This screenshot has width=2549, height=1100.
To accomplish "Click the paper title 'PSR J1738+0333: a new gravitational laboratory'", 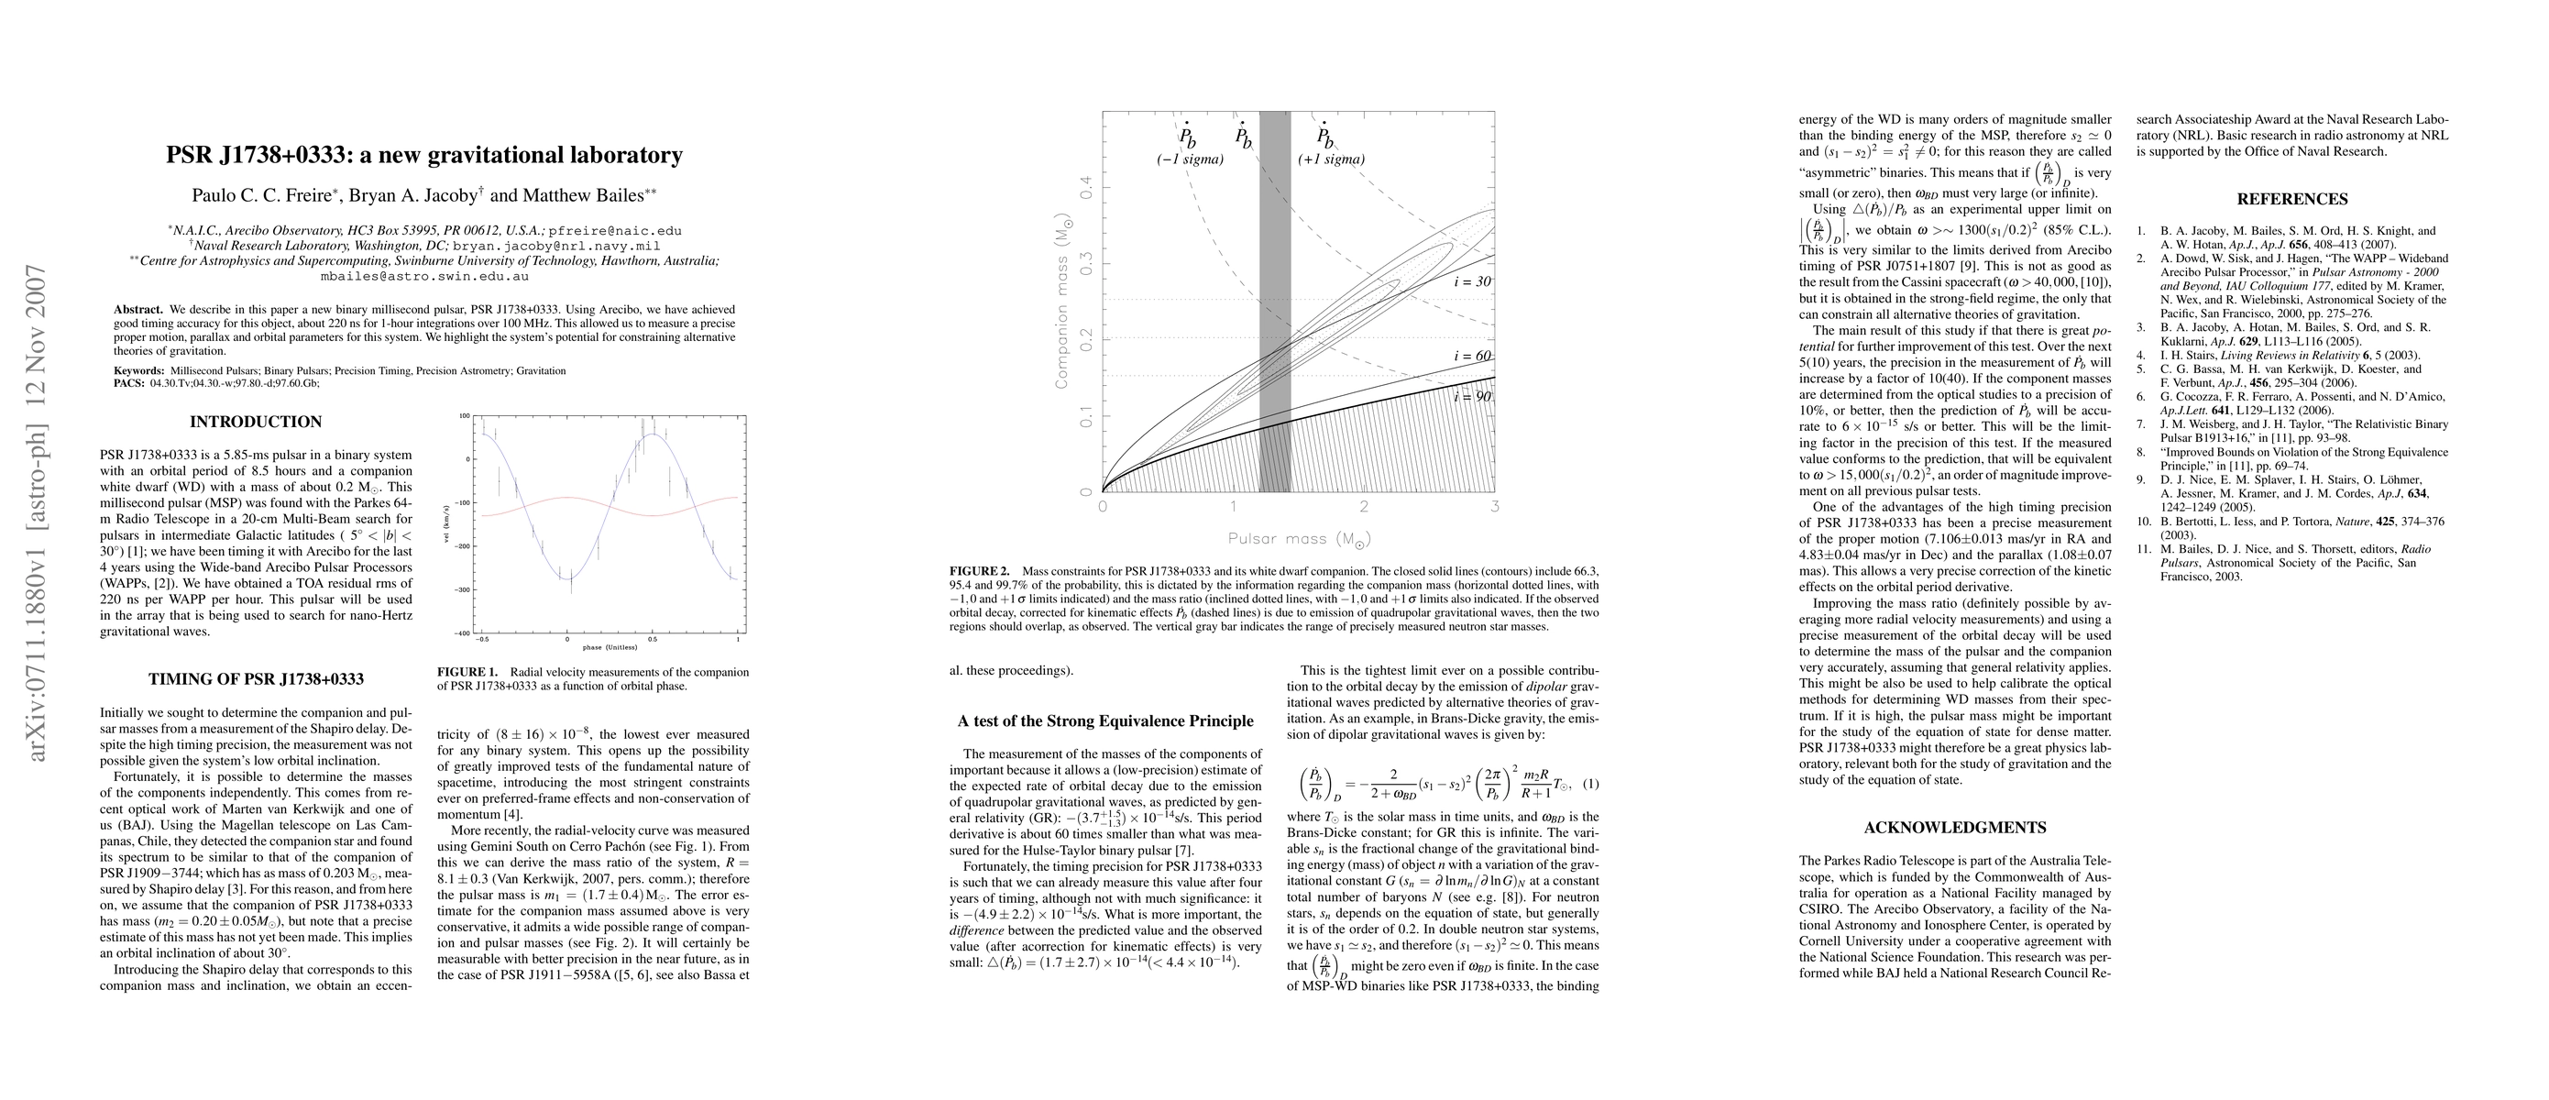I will tap(423, 155).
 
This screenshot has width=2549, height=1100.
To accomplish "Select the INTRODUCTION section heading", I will tap(256, 423).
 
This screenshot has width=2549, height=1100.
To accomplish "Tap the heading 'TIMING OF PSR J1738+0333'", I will tap(256, 679).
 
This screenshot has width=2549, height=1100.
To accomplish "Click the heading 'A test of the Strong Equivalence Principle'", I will tap(1105, 721).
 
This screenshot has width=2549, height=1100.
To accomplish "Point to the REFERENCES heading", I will tap(2291, 199).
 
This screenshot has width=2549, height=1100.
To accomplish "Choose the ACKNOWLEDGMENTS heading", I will tap(1954, 828).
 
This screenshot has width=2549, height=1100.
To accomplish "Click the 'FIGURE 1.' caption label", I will tap(468, 673).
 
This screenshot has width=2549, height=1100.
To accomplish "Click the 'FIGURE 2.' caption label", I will tap(980, 572).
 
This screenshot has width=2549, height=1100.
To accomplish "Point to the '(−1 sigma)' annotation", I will tap(1190, 159).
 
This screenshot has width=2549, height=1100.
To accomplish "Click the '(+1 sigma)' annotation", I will tap(1331, 159).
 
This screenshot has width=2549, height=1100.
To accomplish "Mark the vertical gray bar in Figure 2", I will tap(1274, 297).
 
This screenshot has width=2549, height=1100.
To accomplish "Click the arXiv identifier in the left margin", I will tap(38, 514).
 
